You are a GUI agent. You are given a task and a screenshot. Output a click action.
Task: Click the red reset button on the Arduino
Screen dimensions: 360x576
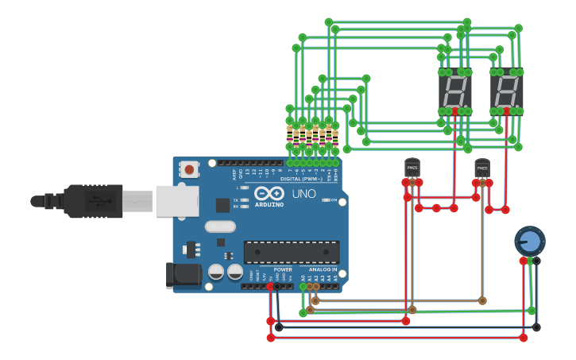189,168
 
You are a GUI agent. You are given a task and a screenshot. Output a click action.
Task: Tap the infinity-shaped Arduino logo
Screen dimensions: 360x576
269,193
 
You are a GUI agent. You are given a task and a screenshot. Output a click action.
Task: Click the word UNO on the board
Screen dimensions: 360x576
303,193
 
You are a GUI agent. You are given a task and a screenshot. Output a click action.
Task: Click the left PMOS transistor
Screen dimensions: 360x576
412,168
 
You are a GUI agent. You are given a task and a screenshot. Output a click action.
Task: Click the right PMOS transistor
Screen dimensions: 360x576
482,168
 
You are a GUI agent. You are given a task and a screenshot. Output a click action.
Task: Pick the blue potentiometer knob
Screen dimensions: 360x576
530,241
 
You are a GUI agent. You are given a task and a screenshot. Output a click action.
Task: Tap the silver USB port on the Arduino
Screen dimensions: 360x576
176,201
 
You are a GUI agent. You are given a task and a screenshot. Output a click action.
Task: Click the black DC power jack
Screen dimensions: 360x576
183,275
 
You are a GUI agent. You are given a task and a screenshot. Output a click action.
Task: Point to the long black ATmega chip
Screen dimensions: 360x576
292,253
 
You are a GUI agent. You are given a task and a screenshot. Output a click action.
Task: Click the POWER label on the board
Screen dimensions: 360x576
283,269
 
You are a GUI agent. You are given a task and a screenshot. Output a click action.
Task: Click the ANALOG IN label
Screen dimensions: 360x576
323,269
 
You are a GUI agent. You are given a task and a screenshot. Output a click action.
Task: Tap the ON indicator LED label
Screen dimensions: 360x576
334,200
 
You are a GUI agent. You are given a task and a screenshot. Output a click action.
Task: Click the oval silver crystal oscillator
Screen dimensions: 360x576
220,226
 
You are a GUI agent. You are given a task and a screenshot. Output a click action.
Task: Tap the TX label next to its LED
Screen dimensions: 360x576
236,199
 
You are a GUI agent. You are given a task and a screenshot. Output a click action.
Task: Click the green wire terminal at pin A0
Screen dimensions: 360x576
303,286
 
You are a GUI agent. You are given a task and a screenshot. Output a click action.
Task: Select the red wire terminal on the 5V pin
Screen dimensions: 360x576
270,286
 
